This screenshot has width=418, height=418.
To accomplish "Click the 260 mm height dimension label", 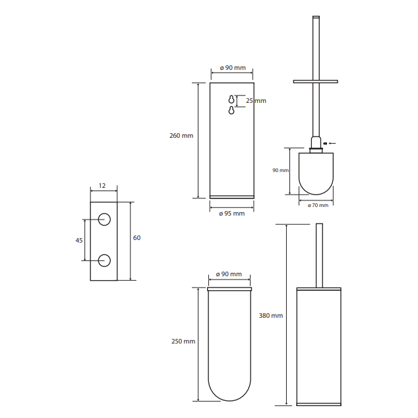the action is point(181,136).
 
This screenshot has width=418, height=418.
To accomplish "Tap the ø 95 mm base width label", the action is point(231,214).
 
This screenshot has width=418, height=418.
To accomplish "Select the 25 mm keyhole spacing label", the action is point(256,101).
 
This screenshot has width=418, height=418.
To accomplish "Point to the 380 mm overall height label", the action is point(271,316).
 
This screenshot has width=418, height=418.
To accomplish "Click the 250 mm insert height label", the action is point(183,342).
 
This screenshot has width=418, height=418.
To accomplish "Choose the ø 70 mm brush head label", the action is point(318,205).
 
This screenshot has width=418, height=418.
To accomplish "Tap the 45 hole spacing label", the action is point(79,241).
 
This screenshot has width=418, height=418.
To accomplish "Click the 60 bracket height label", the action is point(136,238).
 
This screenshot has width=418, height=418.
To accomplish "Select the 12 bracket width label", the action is point(102,185).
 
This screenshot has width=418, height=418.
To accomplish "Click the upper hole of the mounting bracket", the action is point(104,220).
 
